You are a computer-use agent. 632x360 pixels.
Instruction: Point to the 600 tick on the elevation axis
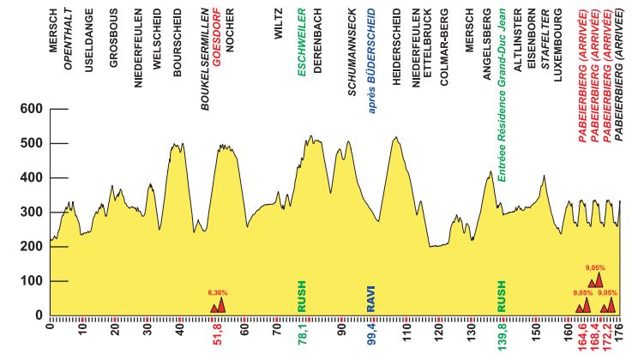tap(32, 110)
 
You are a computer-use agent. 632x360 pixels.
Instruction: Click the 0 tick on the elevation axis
tap(39, 315)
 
